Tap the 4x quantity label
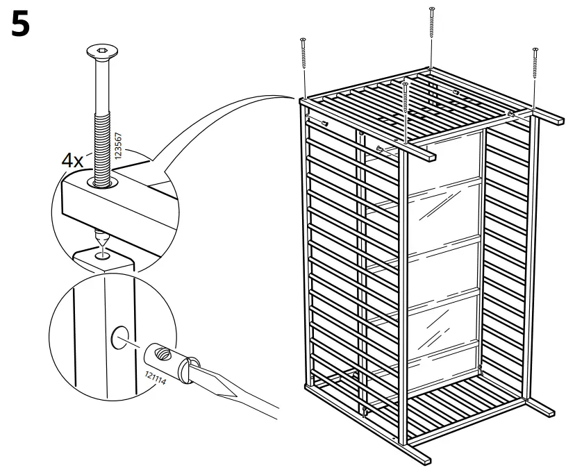pyautogui.click(x=72, y=161)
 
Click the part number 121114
pyautogui.click(x=155, y=380)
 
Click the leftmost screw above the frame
pyautogui.click(x=304, y=62)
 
